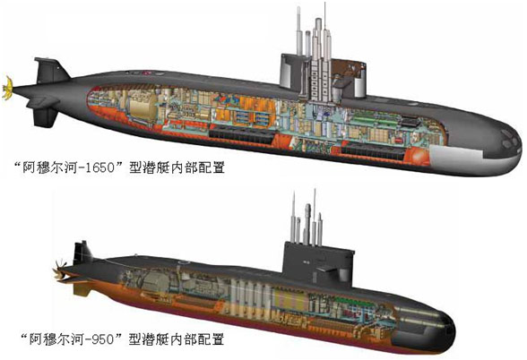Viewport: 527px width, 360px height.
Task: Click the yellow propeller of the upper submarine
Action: click(x=7, y=88)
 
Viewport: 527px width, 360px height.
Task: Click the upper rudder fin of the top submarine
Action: click(x=50, y=70)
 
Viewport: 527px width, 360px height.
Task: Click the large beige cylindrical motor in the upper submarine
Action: click(x=143, y=105)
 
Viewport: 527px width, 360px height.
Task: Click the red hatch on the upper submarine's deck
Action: click(x=146, y=73)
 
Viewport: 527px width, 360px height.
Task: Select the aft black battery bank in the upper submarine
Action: click(x=242, y=136)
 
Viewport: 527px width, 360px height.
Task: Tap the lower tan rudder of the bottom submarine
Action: click(x=82, y=289)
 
